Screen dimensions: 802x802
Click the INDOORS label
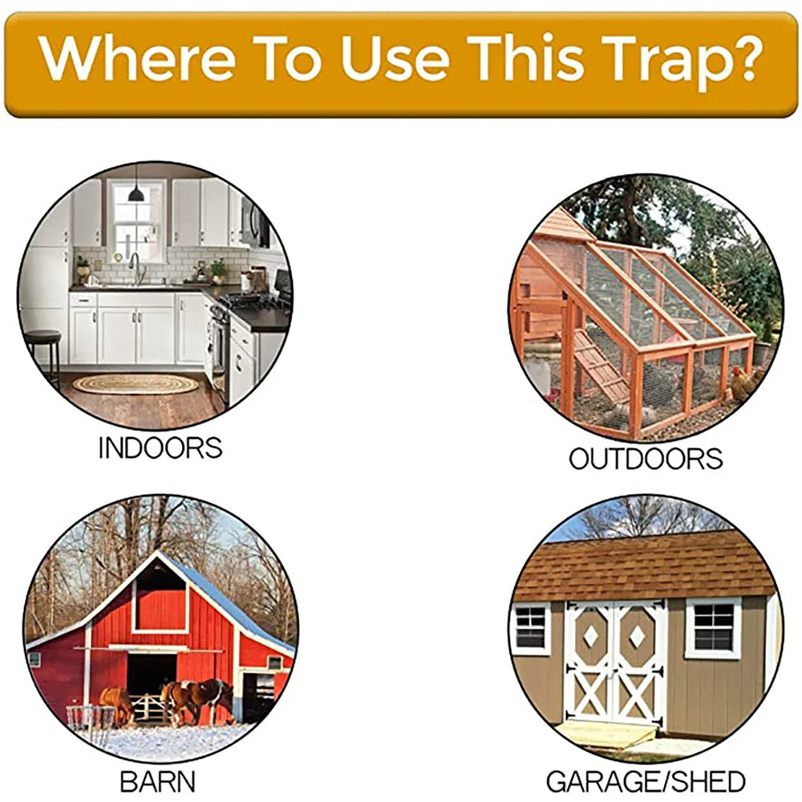click(x=160, y=448)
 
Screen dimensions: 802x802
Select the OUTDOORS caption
click(x=646, y=459)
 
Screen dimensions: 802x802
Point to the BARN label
click(x=157, y=780)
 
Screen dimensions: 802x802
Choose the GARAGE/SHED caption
click(x=646, y=780)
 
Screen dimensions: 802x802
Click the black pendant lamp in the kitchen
click(x=136, y=192)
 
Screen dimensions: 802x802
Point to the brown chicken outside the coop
click(x=742, y=383)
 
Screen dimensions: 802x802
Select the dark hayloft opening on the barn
click(x=160, y=597)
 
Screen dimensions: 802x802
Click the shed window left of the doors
click(x=532, y=627)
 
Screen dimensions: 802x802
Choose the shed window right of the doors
click(x=712, y=627)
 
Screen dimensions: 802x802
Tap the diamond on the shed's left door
click(x=591, y=635)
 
